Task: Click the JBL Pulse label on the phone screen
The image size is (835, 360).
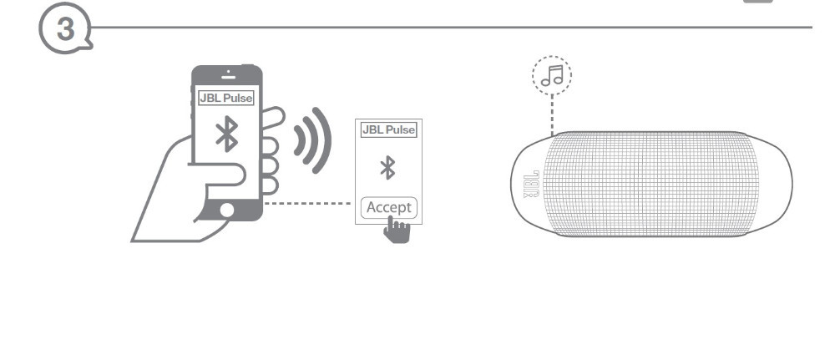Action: tap(227, 98)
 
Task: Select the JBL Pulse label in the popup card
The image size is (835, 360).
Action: tap(387, 130)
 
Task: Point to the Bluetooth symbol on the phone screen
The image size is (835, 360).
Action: tap(227, 134)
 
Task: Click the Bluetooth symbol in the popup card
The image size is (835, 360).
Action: tap(387, 168)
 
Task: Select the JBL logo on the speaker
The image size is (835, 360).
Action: tap(529, 183)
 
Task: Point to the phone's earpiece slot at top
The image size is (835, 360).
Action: tap(227, 77)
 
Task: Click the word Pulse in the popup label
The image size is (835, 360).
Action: tap(400, 130)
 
